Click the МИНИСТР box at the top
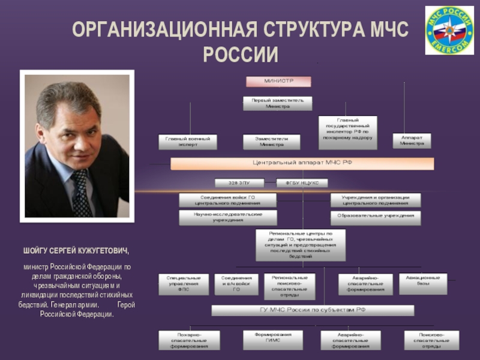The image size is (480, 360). (278, 81)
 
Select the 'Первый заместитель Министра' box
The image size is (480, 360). (278, 103)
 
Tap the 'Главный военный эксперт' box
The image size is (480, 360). (188, 142)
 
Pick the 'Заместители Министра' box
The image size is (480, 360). (274, 142)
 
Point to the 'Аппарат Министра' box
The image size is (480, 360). (412, 140)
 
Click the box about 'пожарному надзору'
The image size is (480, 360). (347, 132)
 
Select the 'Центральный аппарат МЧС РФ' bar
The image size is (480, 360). (302, 164)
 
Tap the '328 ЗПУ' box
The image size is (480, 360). (238, 182)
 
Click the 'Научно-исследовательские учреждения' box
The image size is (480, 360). (228, 217)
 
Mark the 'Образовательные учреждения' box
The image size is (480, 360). (376, 217)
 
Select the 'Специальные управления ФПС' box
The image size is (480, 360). (184, 284)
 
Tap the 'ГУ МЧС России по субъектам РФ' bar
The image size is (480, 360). (313, 310)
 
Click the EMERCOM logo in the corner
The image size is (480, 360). (449, 31)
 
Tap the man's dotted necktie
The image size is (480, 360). (81, 192)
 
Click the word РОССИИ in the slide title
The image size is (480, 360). (241, 55)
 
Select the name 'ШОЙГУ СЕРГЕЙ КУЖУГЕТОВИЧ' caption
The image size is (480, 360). (76, 250)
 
